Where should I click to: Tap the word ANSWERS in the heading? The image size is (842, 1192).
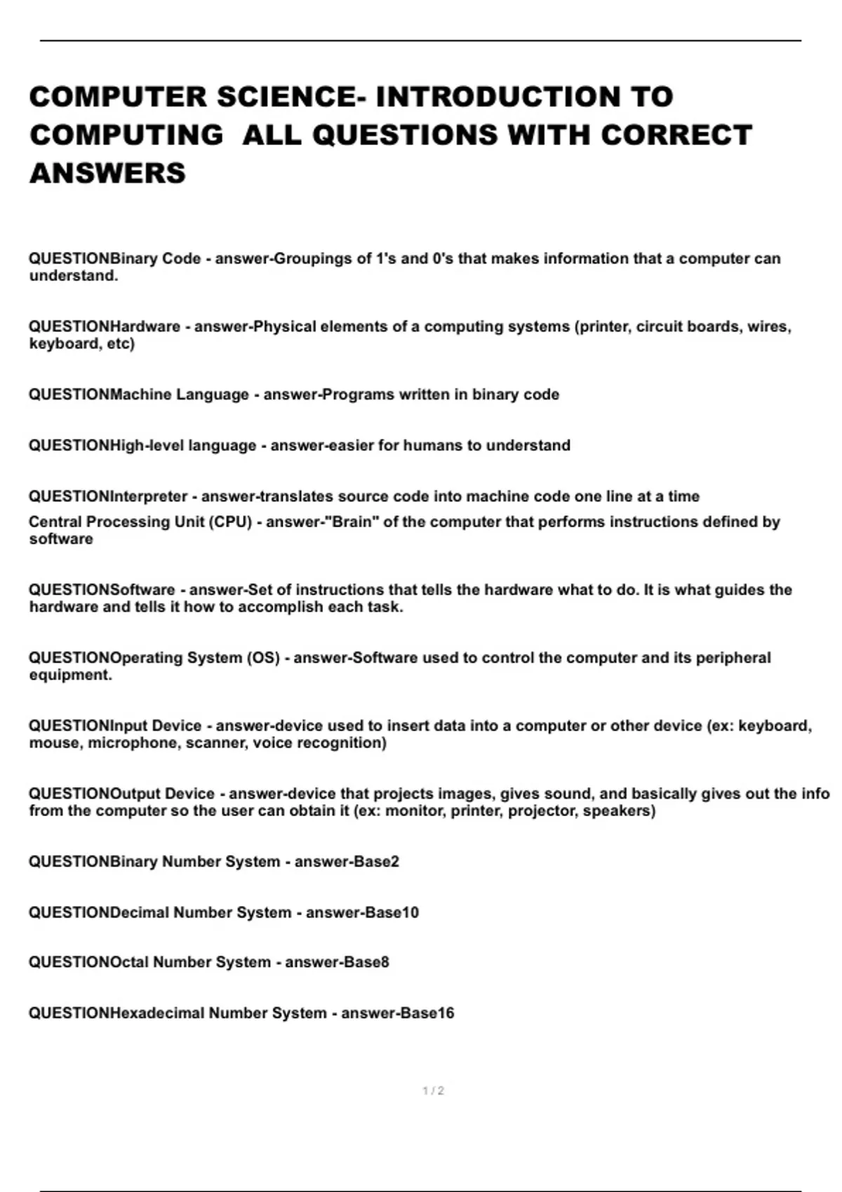click(107, 172)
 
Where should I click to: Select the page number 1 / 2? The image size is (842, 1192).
click(433, 1090)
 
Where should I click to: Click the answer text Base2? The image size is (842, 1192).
click(381, 861)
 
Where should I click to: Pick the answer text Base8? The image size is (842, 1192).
click(371, 962)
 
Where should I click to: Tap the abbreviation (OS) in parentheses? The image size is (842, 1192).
click(262, 658)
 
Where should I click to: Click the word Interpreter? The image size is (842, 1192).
click(149, 496)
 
